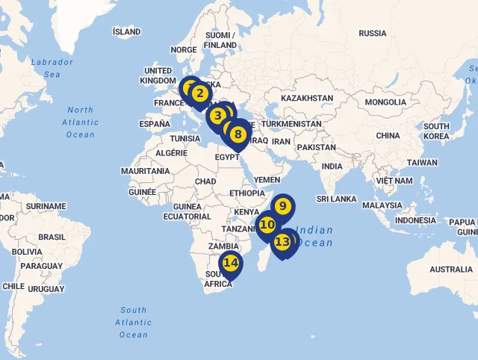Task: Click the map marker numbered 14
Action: (x=231, y=264)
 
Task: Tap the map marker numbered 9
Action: (x=283, y=205)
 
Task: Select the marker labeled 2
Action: (x=199, y=94)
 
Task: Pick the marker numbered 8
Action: (x=238, y=135)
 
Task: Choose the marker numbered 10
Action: (x=267, y=224)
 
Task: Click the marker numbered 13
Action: (x=282, y=242)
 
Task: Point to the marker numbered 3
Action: (x=217, y=116)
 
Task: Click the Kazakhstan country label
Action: (x=307, y=98)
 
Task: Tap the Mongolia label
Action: (x=385, y=102)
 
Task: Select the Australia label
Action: (x=451, y=269)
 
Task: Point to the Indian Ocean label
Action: (x=314, y=237)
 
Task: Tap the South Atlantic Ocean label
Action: (x=134, y=322)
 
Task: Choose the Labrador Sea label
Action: (x=52, y=68)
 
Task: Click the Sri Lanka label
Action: (x=336, y=199)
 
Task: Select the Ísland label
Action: (x=126, y=32)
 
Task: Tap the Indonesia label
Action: (x=415, y=220)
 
